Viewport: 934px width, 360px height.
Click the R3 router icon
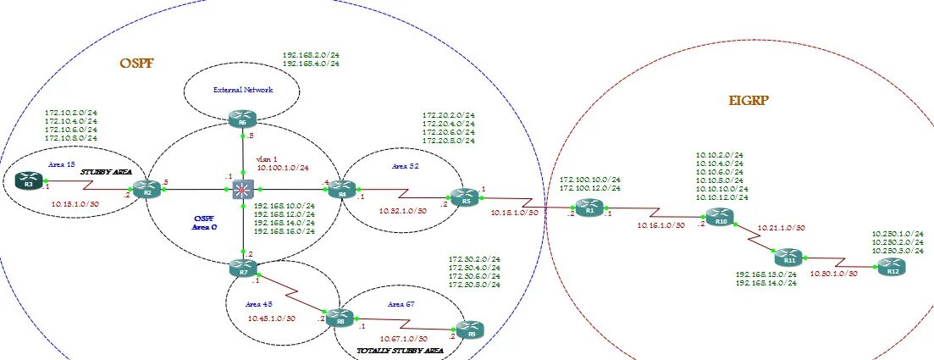coord(30,180)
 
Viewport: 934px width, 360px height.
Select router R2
coord(147,188)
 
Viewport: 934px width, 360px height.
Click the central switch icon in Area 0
coord(243,189)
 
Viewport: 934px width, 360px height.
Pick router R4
coord(340,188)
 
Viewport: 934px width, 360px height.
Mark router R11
coord(786,256)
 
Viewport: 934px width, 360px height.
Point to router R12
coord(889,267)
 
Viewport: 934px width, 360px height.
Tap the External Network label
coord(241,89)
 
